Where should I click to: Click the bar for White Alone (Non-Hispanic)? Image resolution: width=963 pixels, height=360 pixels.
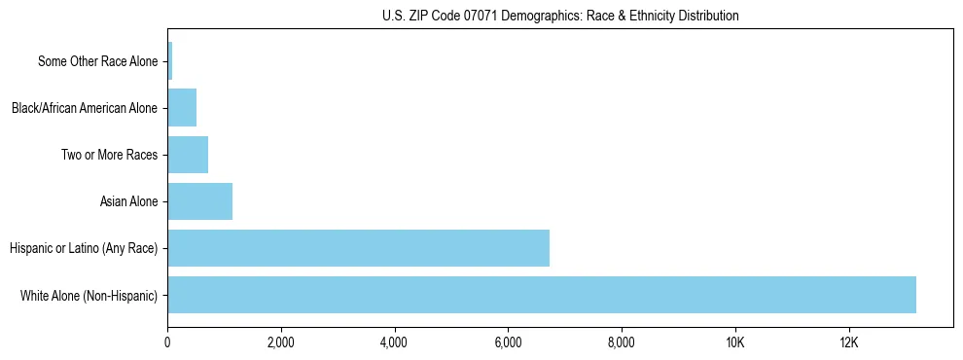[542, 295]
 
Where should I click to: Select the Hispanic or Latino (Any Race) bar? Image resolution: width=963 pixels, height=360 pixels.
[359, 248]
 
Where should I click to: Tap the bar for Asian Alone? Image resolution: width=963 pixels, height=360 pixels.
[200, 201]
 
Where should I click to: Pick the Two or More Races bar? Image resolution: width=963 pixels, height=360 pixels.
[188, 155]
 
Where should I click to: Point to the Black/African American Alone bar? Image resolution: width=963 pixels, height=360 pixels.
[182, 108]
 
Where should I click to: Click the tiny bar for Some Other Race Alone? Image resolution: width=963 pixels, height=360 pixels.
[170, 61]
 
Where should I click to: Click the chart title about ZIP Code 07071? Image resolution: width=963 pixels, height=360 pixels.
[560, 16]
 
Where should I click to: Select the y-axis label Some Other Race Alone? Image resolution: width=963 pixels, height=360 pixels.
[97, 61]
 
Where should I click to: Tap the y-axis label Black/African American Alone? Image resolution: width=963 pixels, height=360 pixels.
[85, 108]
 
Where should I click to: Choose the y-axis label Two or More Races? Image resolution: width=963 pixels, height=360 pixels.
[109, 155]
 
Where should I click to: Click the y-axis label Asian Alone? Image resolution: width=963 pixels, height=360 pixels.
[128, 201]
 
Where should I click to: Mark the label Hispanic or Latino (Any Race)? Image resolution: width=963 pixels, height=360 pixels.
[84, 248]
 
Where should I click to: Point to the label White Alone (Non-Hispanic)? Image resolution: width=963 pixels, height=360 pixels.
[89, 295]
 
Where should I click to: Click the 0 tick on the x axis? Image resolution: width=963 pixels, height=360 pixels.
[168, 342]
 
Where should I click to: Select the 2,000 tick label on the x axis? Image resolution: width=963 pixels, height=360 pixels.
[281, 342]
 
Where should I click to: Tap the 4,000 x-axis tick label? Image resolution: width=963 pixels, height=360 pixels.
[395, 342]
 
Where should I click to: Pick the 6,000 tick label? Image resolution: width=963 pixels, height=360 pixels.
[509, 342]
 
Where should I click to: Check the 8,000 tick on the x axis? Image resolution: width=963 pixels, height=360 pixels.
[622, 342]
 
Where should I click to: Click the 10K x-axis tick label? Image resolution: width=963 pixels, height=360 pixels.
[735, 342]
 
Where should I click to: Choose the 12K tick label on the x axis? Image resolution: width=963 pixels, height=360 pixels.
[849, 342]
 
